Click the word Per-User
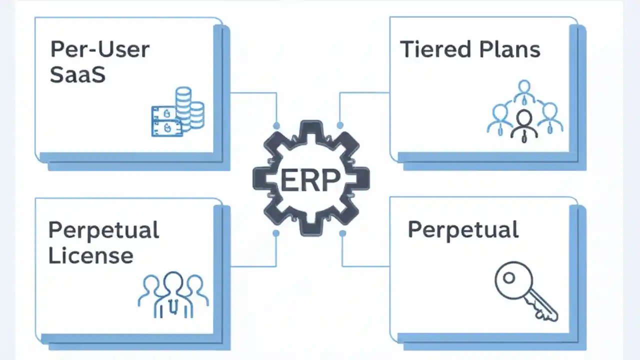[100, 50]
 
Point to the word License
[90, 255]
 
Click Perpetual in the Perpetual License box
[103, 230]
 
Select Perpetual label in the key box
[463, 230]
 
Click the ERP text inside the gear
[310, 180]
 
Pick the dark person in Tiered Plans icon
[524, 125]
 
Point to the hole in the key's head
[508, 278]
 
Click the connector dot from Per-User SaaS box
[276, 125]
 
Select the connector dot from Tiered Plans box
[340, 125]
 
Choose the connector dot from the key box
[342, 233]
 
